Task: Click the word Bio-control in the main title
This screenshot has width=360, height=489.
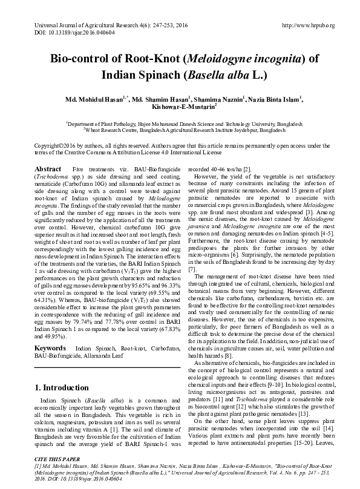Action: [76, 59]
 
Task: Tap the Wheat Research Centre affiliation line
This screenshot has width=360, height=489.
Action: [180, 130]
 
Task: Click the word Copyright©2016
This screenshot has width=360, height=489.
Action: [59, 146]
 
